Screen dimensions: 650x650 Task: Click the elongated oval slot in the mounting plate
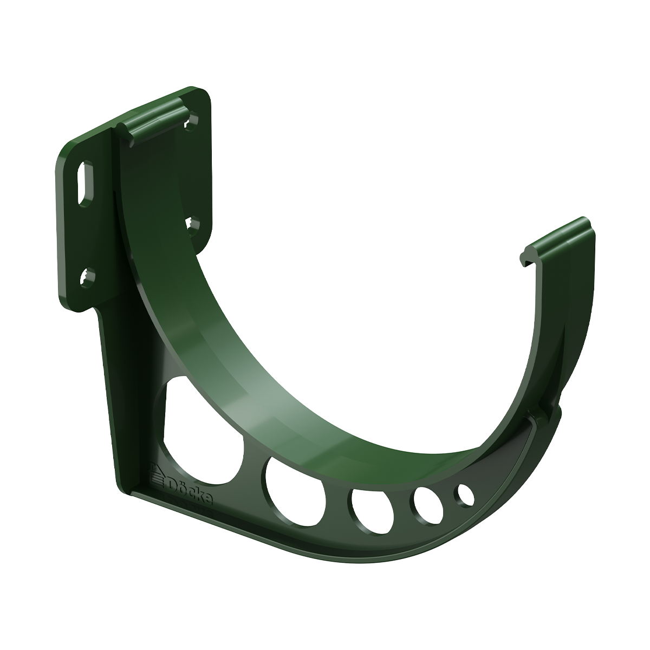coord(86,183)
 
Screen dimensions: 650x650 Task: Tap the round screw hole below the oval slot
coord(87,278)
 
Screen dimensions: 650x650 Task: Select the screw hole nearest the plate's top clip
coord(192,121)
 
